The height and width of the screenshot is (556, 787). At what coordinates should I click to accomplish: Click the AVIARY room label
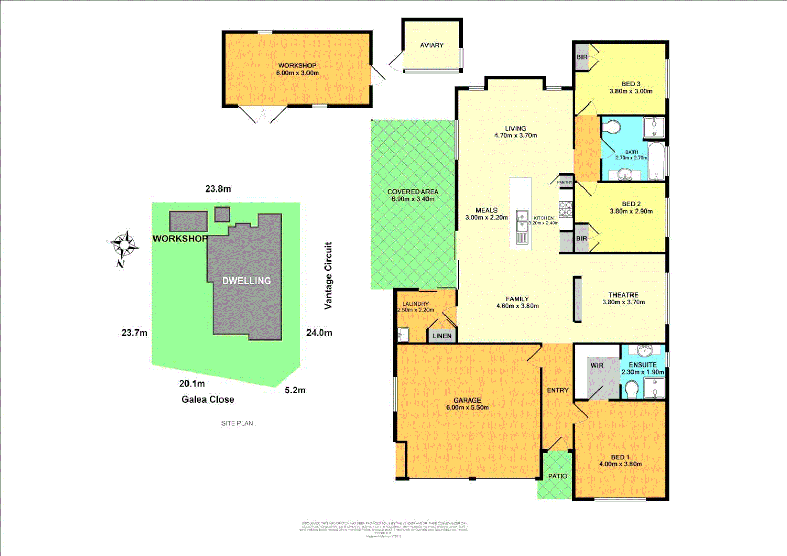pos(432,45)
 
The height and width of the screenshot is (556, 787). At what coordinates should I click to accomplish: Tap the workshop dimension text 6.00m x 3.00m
pos(297,73)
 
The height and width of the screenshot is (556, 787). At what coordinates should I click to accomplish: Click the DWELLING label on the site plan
pos(246,281)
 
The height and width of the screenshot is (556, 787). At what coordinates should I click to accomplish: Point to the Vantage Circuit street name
pos(328,275)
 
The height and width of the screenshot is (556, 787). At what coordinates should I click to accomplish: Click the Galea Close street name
pos(208,399)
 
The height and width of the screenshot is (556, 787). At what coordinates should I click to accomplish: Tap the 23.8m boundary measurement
pos(218,189)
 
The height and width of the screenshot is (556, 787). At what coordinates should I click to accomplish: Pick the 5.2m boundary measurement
pos(295,390)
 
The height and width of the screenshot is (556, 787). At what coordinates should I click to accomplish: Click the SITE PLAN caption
pos(237,423)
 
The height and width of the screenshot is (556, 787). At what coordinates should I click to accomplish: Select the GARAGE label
pos(467,400)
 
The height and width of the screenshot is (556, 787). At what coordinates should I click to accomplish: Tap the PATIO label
pos(557,476)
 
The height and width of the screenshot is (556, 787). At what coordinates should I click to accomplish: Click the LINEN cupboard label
pos(442,336)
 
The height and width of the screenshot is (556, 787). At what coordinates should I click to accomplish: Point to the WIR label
pos(596,366)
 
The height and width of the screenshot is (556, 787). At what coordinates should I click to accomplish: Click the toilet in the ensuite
pos(631,389)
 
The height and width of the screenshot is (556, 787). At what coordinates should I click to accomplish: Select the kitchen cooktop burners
pos(566,208)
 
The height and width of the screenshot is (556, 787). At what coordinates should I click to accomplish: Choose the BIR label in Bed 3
pos(581,57)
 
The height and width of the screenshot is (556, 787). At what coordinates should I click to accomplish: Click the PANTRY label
pos(564,182)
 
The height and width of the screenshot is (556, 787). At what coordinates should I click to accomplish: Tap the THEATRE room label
pos(623,295)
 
